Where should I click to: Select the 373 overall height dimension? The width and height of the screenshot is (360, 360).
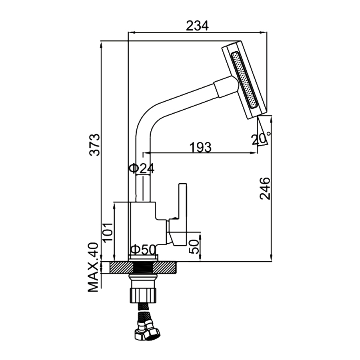(x=94, y=146)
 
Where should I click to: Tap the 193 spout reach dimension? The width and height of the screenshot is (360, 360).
(x=200, y=147)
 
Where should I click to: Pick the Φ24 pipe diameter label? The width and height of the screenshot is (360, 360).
(x=142, y=168)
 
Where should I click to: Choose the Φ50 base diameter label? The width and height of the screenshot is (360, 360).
(x=142, y=250)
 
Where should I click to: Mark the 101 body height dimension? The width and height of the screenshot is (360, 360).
(x=107, y=232)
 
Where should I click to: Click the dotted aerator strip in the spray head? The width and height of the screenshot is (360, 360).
(x=244, y=80)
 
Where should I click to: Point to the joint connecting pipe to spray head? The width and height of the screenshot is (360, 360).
(x=226, y=86)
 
